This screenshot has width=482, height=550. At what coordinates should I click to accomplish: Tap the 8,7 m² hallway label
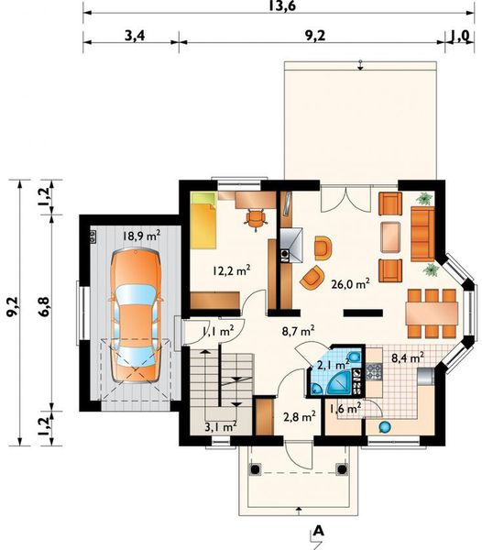(x=299, y=328)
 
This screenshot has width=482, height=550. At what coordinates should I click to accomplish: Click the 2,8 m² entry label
(x=301, y=415)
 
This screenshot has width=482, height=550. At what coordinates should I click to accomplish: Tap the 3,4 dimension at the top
(x=135, y=37)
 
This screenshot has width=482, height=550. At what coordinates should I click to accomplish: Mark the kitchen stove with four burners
(x=374, y=371)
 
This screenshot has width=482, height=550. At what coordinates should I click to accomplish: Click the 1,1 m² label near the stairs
(x=218, y=331)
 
